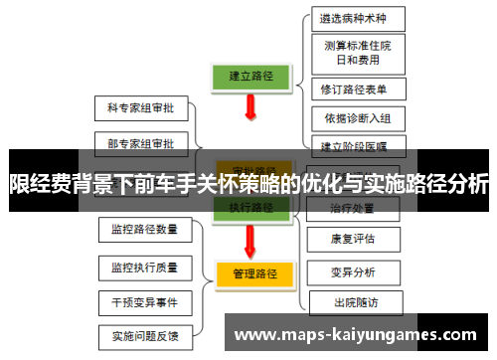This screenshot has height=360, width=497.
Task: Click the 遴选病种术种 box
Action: [x=353, y=18]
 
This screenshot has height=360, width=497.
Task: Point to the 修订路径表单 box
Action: [x=354, y=89]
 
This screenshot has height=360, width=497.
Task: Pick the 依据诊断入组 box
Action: [x=357, y=118]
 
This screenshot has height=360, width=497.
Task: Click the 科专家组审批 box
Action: [x=140, y=105]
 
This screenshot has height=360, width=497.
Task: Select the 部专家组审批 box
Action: [x=140, y=143]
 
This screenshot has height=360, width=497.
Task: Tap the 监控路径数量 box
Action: [x=145, y=229]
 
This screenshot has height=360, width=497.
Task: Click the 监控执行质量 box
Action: [x=145, y=267]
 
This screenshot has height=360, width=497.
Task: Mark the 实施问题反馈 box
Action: [x=145, y=336]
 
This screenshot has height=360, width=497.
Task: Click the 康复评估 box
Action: [x=353, y=239]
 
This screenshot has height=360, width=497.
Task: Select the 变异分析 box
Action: [x=353, y=270]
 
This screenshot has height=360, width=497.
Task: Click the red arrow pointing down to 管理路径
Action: [x=249, y=241]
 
